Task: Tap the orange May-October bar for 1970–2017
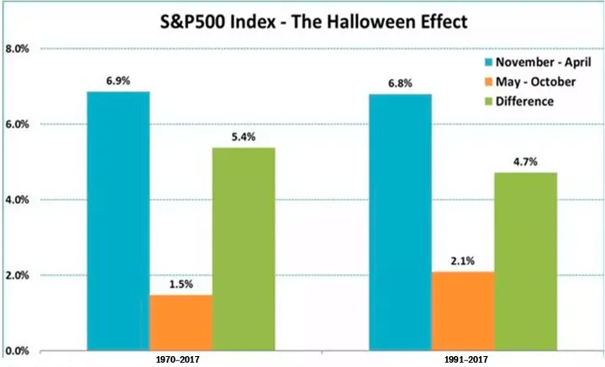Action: point(181,322)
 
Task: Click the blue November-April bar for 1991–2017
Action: point(401,222)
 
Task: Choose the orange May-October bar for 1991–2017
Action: point(463,311)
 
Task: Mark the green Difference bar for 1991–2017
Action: point(525,261)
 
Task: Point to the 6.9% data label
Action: point(118,78)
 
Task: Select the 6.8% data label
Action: point(401,81)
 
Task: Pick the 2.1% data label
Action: point(463,260)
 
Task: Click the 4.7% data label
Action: point(525,160)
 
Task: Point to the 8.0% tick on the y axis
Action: point(18,49)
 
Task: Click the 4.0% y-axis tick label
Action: point(18,200)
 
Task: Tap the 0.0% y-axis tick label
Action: point(18,351)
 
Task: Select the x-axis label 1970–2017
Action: point(181,359)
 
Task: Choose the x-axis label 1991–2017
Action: point(463,359)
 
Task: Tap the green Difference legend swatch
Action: point(487,102)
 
